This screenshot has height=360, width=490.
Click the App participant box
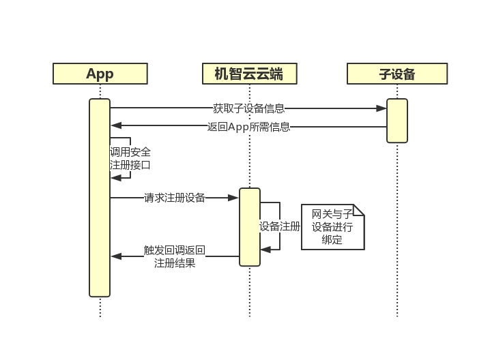(x=100, y=74)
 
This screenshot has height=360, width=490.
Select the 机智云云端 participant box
(x=249, y=74)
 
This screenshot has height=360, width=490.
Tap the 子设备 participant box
(x=397, y=74)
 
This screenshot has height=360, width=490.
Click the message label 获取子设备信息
(x=248, y=108)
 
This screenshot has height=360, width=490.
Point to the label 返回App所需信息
(x=248, y=126)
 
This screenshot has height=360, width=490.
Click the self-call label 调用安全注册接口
(x=130, y=158)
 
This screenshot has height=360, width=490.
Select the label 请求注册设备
(x=175, y=198)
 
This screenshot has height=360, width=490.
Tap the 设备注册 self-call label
(x=280, y=226)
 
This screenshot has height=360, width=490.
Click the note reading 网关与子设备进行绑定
(x=332, y=227)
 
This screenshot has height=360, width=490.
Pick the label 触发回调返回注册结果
(x=175, y=256)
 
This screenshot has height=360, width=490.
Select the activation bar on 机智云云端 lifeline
(x=250, y=227)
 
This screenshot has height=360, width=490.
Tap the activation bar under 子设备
(x=397, y=121)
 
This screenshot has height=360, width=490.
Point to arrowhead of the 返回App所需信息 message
(x=116, y=126)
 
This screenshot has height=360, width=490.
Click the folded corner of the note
(x=358, y=210)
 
